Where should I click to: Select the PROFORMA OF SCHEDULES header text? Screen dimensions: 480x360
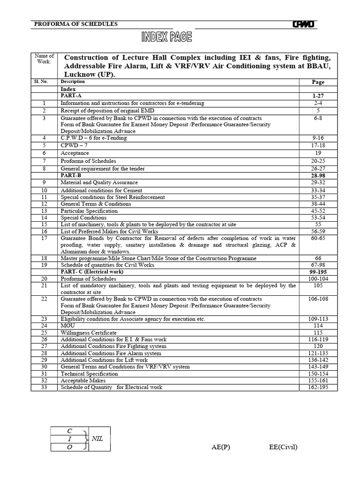coord(76,24)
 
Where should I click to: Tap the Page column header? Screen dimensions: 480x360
coord(318,82)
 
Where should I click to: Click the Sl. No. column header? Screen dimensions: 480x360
coord(44,82)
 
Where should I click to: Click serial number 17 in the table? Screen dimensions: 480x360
coord(44,238)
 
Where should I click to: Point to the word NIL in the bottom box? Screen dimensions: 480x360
coord(97,439)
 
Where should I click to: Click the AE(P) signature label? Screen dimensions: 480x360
coord(221,447)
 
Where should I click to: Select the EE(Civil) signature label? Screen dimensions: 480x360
coord(283,447)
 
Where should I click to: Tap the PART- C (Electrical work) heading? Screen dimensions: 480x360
coord(92,271)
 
